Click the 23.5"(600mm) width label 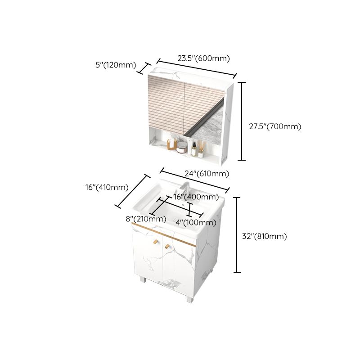[x=203, y=58]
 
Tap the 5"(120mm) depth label [x=116, y=65]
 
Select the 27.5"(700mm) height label [x=275, y=126]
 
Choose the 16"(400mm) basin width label [x=196, y=197]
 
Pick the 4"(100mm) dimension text [x=195, y=222]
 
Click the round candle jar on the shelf [x=182, y=147]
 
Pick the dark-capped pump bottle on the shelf [x=193, y=148]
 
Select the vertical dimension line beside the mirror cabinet [x=243, y=121]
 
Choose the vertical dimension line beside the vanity [x=238, y=235]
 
